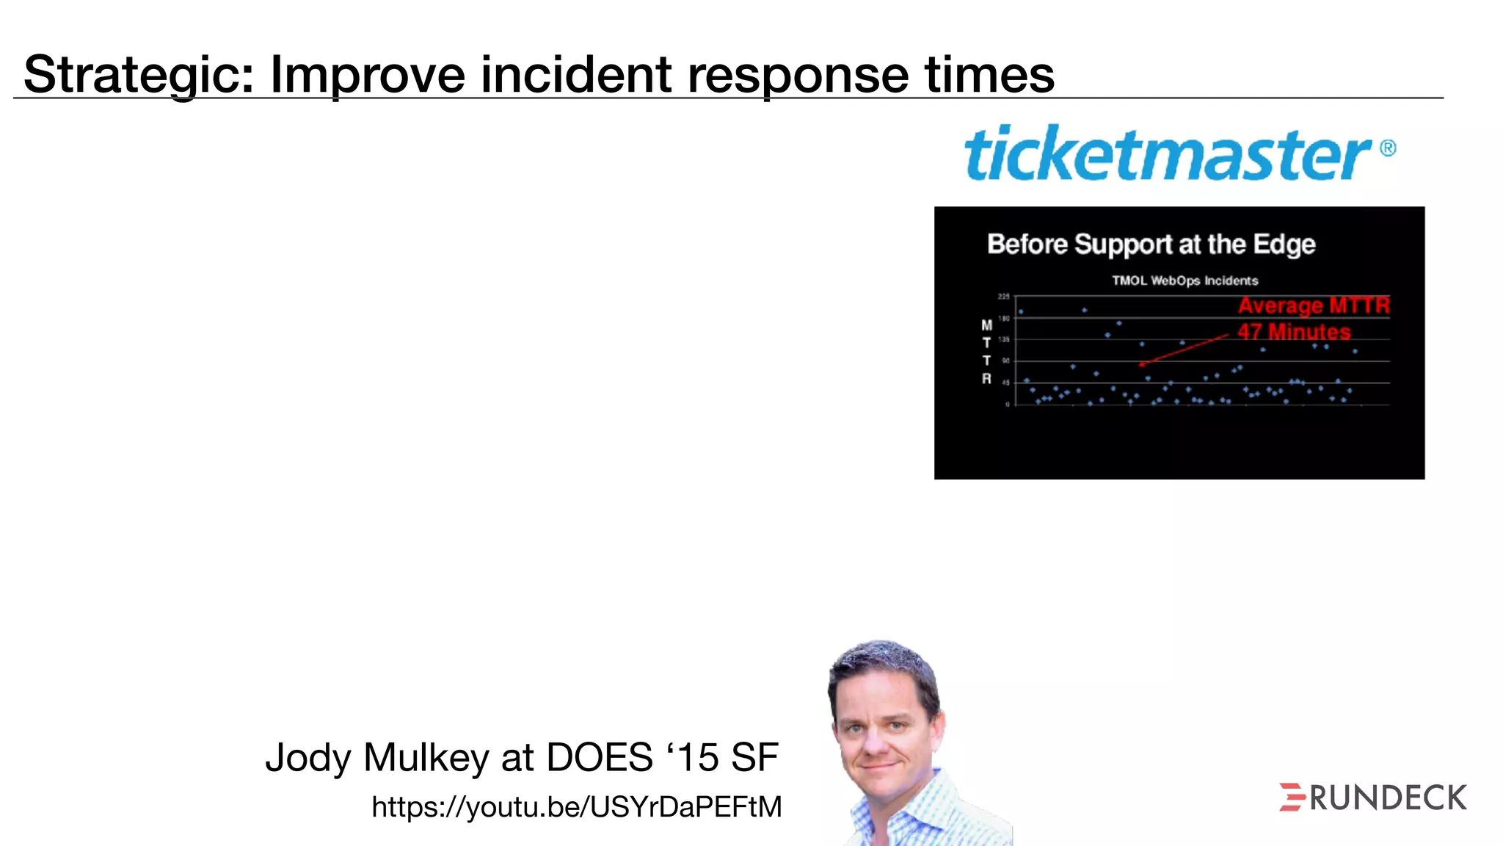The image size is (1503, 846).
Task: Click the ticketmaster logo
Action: pyautogui.click(x=1167, y=154)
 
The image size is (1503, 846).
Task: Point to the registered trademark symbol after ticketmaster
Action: pyautogui.click(x=1388, y=148)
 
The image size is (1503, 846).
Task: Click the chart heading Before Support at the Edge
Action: pyautogui.click(x=1151, y=244)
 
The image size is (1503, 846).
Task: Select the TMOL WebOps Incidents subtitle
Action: pyautogui.click(x=1184, y=281)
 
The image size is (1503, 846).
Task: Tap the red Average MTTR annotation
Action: pyautogui.click(x=1314, y=305)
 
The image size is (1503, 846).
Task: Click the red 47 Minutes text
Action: pyautogui.click(x=1294, y=332)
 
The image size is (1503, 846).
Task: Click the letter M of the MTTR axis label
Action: pyautogui.click(x=986, y=325)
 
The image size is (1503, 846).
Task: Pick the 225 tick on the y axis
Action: pyautogui.click(x=1003, y=296)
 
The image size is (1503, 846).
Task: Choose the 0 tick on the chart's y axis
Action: pyautogui.click(x=1008, y=404)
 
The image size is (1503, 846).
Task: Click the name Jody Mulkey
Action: pyautogui.click(x=376, y=758)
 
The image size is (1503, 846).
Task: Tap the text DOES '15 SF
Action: pyautogui.click(x=662, y=758)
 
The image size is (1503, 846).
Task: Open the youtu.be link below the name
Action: pyautogui.click(x=577, y=807)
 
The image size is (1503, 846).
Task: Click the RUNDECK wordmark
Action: pyautogui.click(x=1388, y=798)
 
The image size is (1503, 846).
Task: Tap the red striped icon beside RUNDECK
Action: pyautogui.click(x=1292, y=798)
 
